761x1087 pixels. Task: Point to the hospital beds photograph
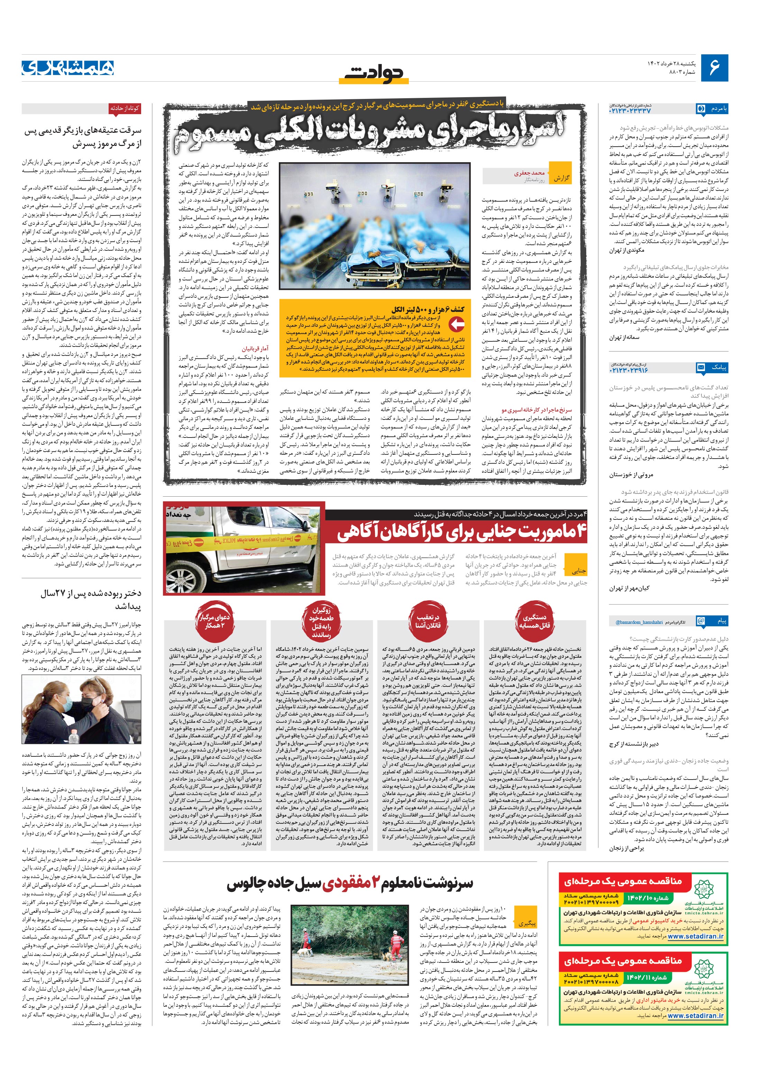pos(375,226)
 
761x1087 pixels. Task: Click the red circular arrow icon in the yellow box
pos(456,325)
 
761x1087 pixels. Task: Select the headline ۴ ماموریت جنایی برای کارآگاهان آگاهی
pos(462,533)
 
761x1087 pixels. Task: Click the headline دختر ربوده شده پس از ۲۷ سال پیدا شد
pos(90,599)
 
